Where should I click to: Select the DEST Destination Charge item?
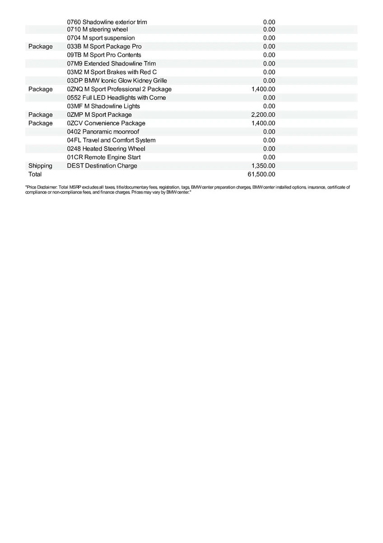(102, 166)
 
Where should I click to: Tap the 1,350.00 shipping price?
(263, 166)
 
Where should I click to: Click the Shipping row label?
(40, 166)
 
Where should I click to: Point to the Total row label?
(35, 174)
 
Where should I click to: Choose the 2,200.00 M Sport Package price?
(263, 114)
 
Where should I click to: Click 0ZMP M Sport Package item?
(99, 114)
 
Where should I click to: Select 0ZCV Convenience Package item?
(106, 123)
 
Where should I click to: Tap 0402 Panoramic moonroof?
(103, 132)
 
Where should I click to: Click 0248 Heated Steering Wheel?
(106, 148)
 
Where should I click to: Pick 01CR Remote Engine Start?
(103, 157)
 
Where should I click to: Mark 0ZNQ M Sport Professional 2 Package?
(119, 89)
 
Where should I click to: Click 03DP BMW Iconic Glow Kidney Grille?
(117, 81)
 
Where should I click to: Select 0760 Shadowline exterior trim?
(107, 22)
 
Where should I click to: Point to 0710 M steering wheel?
(97, 29)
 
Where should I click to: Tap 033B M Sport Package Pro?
(104, 46)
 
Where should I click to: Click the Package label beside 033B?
(40, 46)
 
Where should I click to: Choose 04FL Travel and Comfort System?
(111, 140)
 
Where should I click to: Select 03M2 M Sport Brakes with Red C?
(112, 72)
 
